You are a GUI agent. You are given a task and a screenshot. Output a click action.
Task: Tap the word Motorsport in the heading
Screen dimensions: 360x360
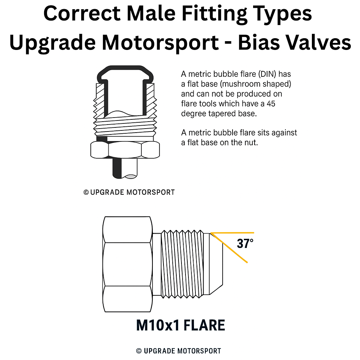click(160, 43)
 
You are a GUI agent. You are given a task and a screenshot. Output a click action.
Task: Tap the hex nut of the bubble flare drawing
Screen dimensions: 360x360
click(125, 150)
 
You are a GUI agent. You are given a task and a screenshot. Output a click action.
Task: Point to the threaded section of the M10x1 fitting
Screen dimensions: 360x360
click(184, 264)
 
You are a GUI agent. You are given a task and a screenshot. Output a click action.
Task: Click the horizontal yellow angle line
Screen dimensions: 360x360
click(235, 233)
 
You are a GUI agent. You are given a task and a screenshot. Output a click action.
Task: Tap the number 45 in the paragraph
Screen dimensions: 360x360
click(271, 104)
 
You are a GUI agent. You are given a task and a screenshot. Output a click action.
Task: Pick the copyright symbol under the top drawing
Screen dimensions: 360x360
click(86, 192)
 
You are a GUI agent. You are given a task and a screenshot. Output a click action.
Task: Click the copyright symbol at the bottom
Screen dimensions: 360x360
click(139, 351)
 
